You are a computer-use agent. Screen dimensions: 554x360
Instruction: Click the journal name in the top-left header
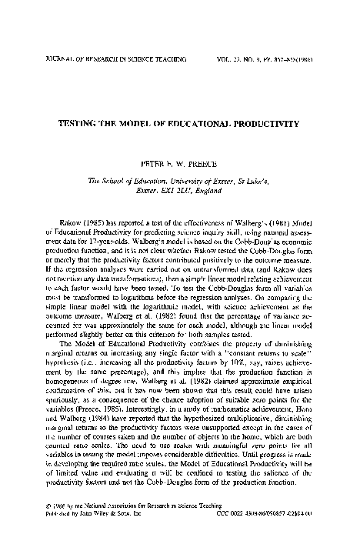[98, 57]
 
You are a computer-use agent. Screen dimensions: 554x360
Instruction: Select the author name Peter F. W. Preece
[180, 164]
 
